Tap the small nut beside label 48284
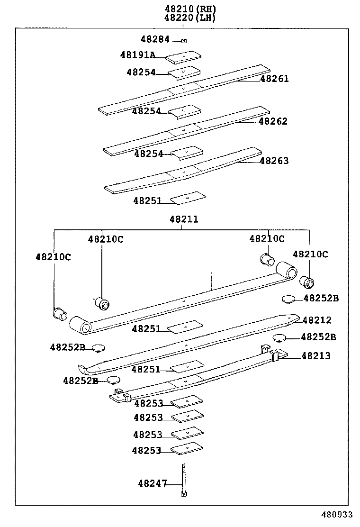click(184, 41)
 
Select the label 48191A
click(137, 55)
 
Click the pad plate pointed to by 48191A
click(184, 57)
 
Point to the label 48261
click(274, 79)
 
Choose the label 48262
click(273, 121)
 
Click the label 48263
click(274, 161)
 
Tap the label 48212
click(317, 320)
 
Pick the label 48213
click(316, 356)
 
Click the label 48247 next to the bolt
click(153, 483)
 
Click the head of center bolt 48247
click(183, 494)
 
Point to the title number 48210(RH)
click(190, 9)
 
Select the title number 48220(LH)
click(190, 18)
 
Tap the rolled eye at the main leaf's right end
click(287, 271)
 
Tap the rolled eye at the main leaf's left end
click(80, 326)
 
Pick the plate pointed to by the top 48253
click(187, 402)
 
